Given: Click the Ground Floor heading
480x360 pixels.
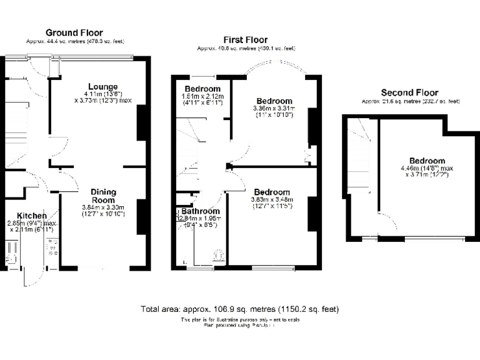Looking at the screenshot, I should (74, 32).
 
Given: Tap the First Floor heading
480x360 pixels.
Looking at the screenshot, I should (245, 39).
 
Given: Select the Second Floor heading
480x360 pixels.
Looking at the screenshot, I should (409, 92).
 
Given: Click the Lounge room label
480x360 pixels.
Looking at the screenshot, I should (102, 86).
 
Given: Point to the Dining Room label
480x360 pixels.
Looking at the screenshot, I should (103, 196).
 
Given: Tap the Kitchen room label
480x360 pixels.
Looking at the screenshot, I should (31, 216).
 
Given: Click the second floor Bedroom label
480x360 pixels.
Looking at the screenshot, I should (427, 161).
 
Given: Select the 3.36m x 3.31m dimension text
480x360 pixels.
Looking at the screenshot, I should (274, 108).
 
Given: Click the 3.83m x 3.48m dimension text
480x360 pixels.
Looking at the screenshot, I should (272, 199).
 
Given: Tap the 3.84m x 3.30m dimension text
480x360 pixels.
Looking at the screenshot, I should (103, 207).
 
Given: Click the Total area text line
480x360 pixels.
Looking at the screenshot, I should (240, 309).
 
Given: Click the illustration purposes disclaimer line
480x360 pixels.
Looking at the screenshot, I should (240, 319).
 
